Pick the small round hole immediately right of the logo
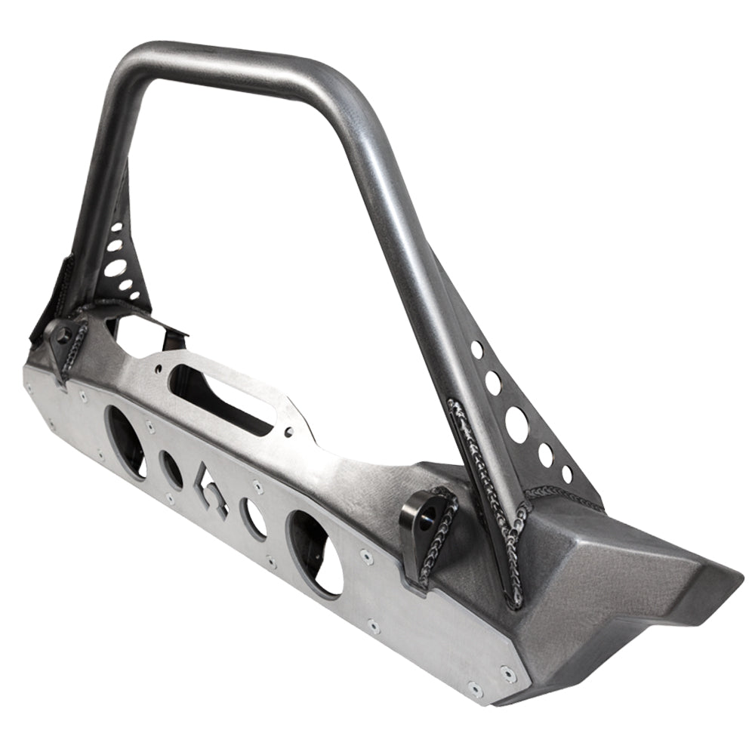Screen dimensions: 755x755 pyautogui.click(x=254, y=519)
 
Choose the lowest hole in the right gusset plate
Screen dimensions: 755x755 pyautogui.click(x=566, y=474)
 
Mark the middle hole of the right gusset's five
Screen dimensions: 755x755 pyautogui.click(x=517, y=424)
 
